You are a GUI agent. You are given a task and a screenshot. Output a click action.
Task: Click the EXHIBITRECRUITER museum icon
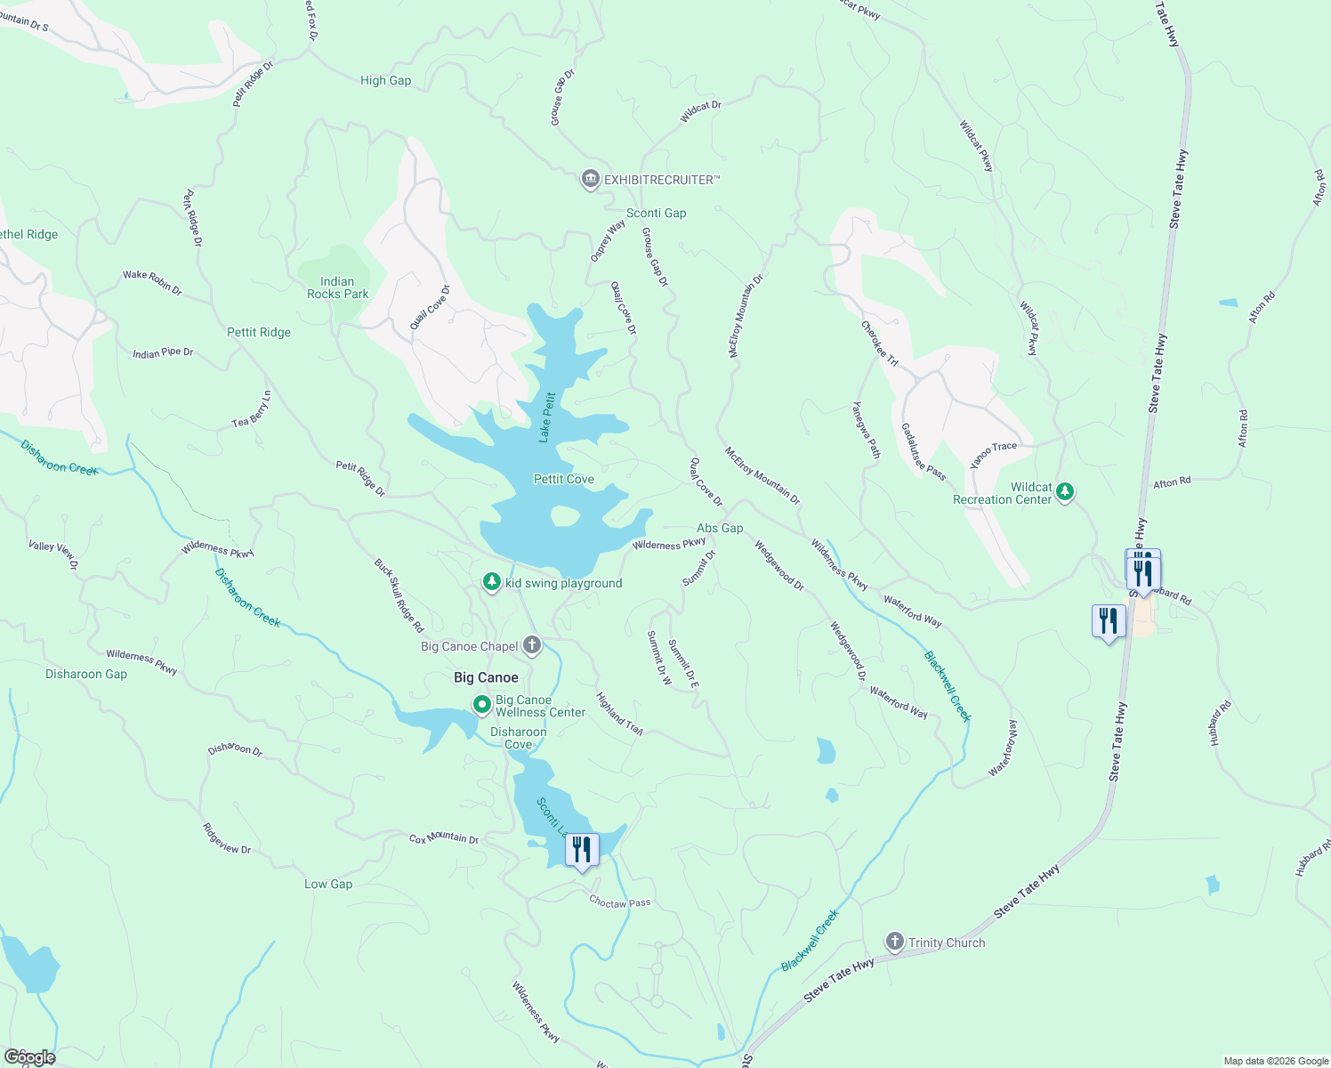click(x=589, y=180)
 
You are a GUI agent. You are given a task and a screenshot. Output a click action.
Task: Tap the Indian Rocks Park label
click(x=337, y=287)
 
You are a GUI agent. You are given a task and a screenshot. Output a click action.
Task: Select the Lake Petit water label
click(x=546, y=417)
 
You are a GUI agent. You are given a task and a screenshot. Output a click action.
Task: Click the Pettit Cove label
click(x=563, y=479)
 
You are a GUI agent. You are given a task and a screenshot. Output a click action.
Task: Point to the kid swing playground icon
click(x=491, y=582)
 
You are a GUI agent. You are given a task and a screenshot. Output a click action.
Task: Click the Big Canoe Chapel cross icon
click(x=532, y=645)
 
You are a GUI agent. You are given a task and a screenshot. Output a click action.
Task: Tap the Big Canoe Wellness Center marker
click(x=482, y=706)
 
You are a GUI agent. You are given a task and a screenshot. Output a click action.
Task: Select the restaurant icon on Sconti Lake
click(x=581, y=850)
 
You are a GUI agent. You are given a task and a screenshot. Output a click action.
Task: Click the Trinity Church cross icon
click(x=894, y=942)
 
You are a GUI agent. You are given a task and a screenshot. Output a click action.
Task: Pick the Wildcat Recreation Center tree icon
click(x=1065, y=491)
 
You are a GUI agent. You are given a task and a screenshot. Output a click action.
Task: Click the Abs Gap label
click(x=719, y=528)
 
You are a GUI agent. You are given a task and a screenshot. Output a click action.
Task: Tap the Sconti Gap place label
click(x=656, y=213)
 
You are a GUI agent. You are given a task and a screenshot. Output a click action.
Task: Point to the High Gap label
click(x=385, y=80)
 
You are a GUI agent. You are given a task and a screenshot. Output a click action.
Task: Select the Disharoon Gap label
click(x=86, y=674)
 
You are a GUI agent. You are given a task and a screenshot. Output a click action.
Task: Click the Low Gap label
click(x=328, y=884)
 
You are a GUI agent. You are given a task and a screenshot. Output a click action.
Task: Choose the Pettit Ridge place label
click(x=258, y=332)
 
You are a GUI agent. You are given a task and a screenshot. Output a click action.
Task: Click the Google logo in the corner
click(x=29, y=1056)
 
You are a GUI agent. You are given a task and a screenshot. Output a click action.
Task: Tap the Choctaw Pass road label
click(x=619, y=902)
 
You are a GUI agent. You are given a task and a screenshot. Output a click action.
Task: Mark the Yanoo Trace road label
click(x=993, y=454)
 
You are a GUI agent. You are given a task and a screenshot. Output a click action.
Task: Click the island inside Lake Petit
click(x=564, y=516)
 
